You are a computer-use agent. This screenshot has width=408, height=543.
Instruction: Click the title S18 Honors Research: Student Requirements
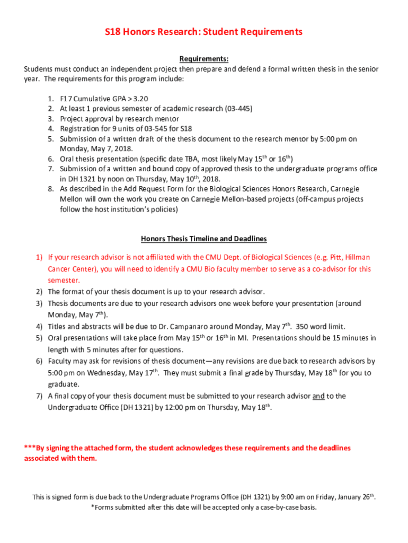point(203,32)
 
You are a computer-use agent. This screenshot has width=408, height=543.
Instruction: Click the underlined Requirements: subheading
point(203,59)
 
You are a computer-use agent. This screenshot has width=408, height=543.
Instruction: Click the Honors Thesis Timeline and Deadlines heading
point(203,239)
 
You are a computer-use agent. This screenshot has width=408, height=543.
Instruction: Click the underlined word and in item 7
point(318,396)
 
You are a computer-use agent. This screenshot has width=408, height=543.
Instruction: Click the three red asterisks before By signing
point(30,448)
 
